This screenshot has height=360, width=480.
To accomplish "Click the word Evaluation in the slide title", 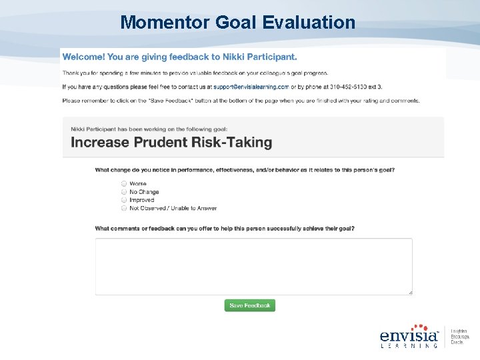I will [309, 23].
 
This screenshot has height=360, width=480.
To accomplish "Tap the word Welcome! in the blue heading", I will [86, 57].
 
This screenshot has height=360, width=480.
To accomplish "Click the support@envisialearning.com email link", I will [251, 87].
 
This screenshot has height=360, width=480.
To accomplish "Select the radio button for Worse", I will [124, 183].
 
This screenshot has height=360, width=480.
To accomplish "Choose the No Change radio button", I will [124, 192].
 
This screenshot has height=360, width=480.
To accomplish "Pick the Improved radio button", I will [124, 200].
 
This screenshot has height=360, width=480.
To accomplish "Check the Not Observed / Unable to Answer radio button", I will [124, 208].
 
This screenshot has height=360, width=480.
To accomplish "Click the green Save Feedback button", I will [250, 305].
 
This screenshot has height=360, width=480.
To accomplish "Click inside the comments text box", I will [253, 266].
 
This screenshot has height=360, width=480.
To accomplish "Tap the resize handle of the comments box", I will [410, 292].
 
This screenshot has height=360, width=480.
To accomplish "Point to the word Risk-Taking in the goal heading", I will [233, 142].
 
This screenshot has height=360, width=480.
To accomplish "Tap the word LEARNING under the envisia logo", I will [409, 345].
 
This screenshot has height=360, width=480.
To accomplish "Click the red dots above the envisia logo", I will [419, 327].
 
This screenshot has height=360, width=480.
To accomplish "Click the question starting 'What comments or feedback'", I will [225, 229].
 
